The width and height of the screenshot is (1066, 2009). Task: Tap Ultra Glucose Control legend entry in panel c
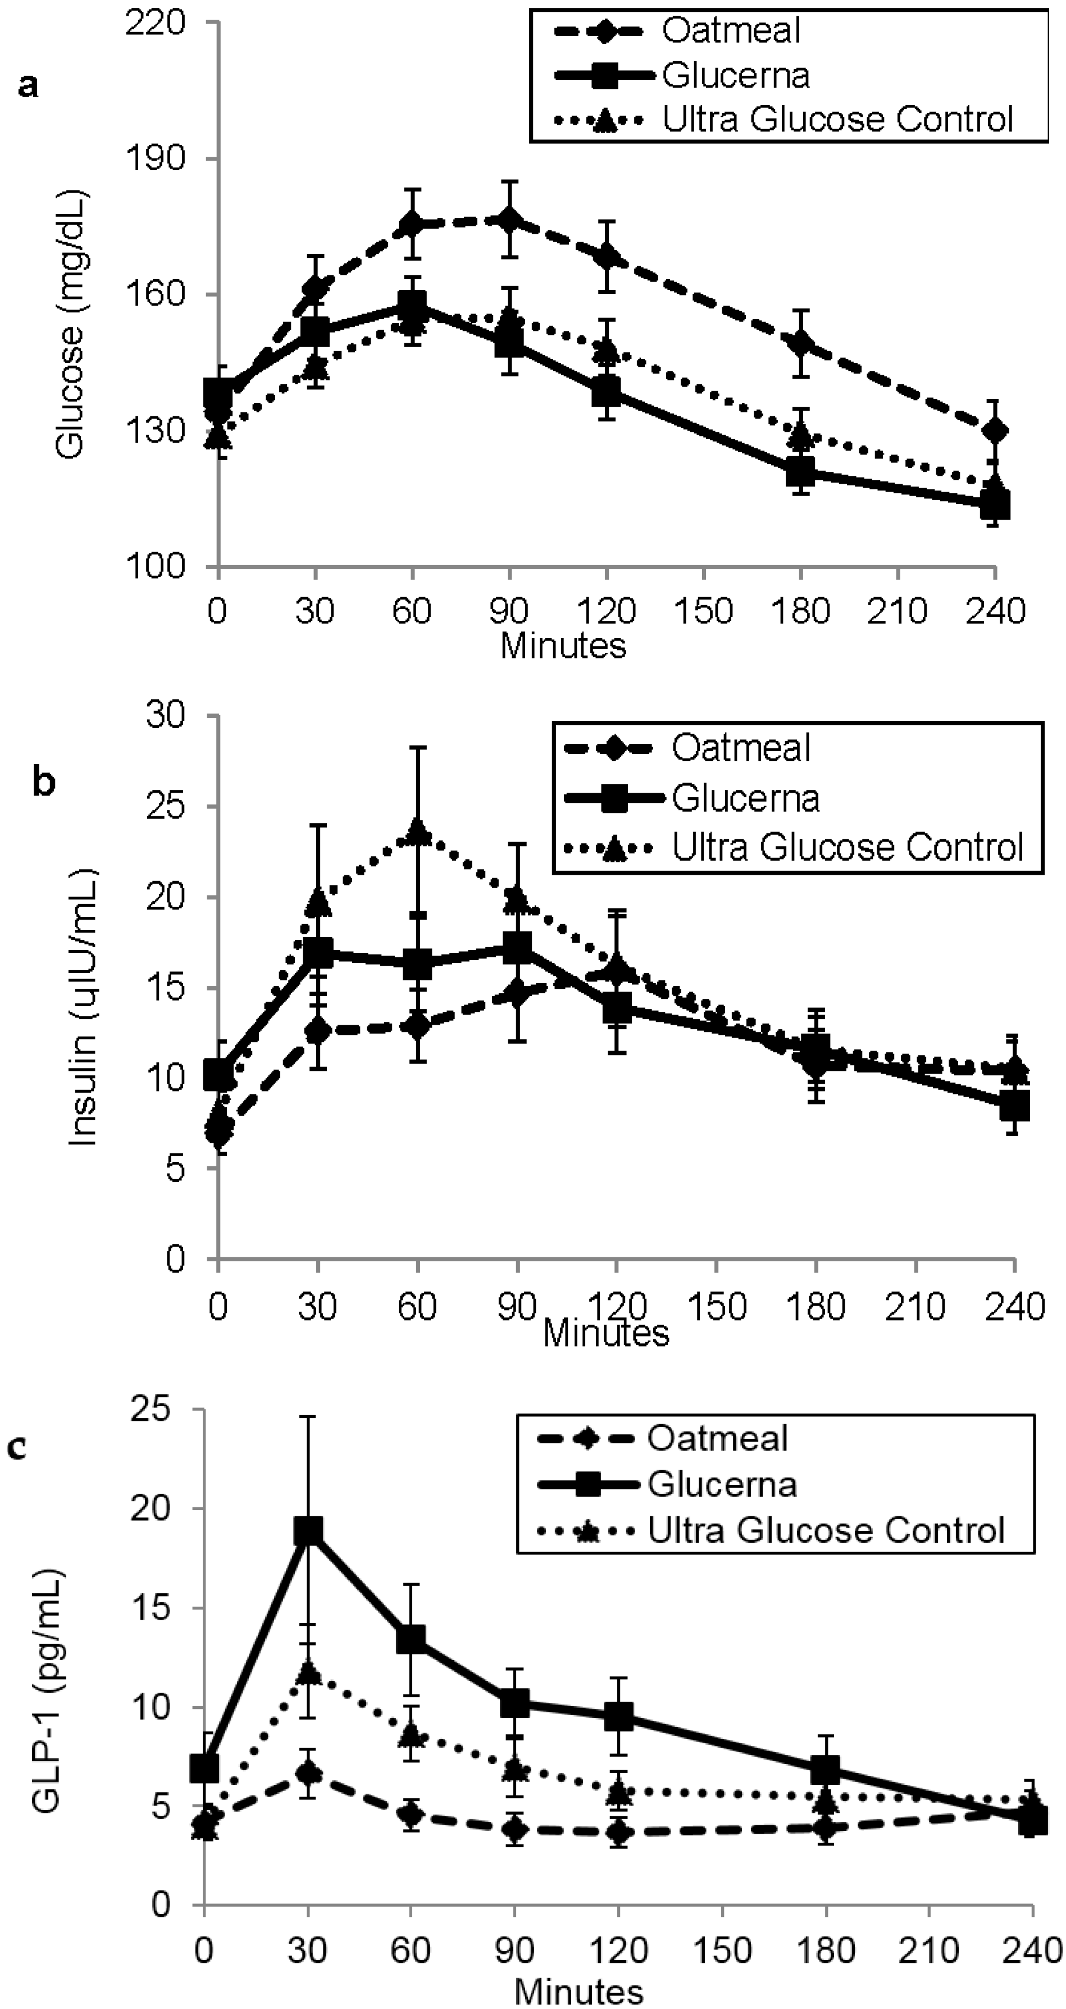(x=825, y=1530)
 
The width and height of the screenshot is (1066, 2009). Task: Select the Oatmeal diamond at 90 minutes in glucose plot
(x=510, y=220)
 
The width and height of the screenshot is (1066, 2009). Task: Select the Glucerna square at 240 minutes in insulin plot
(x=1014, y=1105)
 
